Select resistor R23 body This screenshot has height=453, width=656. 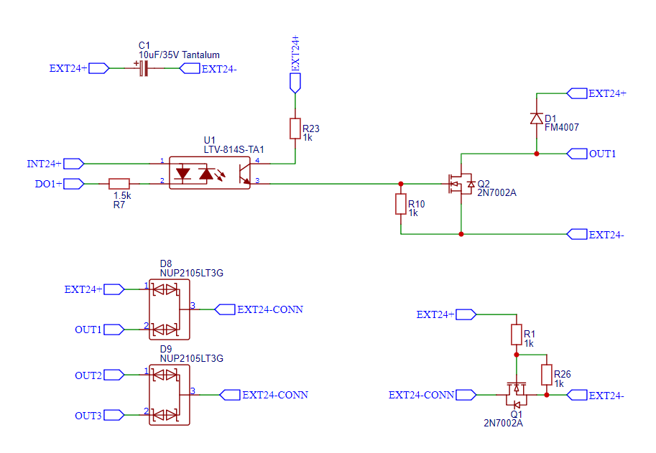pos(295,129)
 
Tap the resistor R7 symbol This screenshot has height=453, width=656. pos(119,184)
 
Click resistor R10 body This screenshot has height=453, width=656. pos(401,205)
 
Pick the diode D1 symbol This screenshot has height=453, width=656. pos(536,118)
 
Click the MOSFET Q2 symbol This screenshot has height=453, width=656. pos(461,184)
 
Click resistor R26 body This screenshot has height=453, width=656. pos(546,375)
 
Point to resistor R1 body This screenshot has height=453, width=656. pos(516,335)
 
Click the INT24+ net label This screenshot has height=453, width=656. pos(45,163)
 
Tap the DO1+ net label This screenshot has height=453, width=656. pos(49,184)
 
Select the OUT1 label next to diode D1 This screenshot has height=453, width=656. pos(602,154)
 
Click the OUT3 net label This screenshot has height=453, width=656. pos(88,416)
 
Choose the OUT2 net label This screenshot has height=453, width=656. pos(88,375)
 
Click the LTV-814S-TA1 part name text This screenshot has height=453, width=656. pos(234,149)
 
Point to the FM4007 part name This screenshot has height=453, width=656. pos(562,127)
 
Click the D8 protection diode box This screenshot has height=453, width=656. pos(169,309)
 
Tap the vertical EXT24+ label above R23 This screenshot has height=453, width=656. pos(295,53)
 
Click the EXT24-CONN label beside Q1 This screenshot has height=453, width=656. pos(421,395)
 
